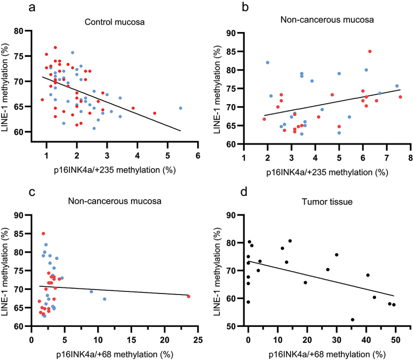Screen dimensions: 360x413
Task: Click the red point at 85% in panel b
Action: tap(370, 52)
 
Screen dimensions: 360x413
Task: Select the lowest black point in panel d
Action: tap(353, 320)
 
